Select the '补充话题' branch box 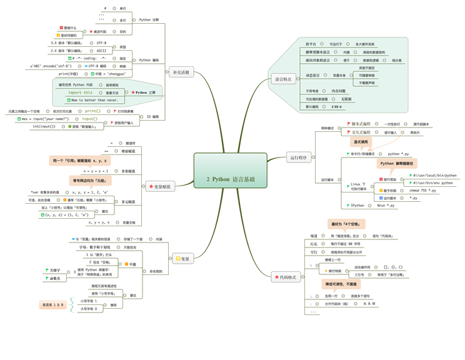pyautogui.click(x=181, y=72)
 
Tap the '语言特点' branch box pyautogui.click(x=284, y=79)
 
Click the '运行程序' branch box pyautogui.click(x=299, y=157)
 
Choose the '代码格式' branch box pyautogui.click(x=286, y=277)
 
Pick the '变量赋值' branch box pyautogui.click(x=161, y=186)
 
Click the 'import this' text pyautogui.click(x=80, y=92)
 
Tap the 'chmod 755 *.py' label pyautogui.click(x=423, y=191)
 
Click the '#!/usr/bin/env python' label pyautogui.click(x=432, y=183)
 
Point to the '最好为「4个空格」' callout pyautogui.click(x=346, y=224)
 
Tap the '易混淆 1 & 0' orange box pyautogui.click(x=52, y=305)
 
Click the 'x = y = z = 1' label pyautogui.click(x=96, y=171)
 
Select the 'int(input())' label pyautogui.click(x=44, y=126)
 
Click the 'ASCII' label pyautogui.click(x=101, y=51)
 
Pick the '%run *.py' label pyautogui.click(x=386, y=205)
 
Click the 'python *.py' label pyautogui.click(x=398, y=154)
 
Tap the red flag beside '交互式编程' pyautogui.click(x=349, y=132)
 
